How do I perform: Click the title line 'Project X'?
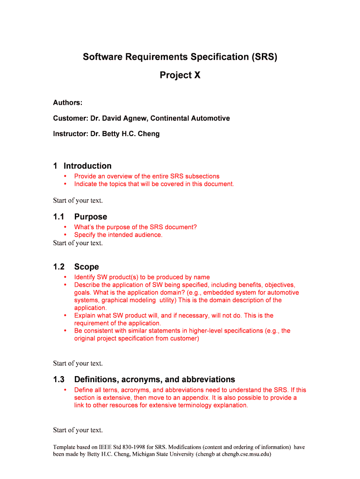[180, 75]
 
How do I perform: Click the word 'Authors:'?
[68, 102]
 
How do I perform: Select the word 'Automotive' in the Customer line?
[210, 118]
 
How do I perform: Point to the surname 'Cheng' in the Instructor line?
[149, 134]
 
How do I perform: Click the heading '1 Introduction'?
[82, 166]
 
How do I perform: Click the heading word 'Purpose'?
[90, 217]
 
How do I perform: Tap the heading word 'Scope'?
[86, 267]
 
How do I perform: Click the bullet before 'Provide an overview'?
[65, 176]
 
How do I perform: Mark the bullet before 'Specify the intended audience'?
[65, 235]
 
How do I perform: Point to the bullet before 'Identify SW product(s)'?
[65, 277]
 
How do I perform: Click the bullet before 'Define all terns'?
[65, 390]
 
